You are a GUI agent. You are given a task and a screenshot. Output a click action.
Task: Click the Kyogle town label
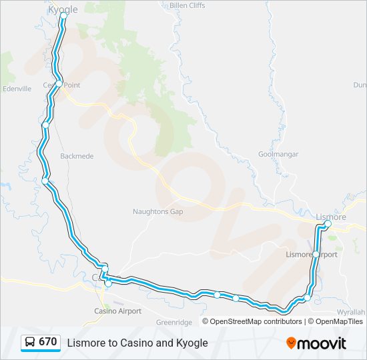pyautogui.click(x=63, y=9)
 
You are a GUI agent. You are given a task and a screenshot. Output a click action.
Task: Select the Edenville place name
pyautogui.click(x=17, y=88)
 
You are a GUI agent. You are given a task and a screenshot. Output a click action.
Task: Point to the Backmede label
pyautogui.click(x=77, y=156)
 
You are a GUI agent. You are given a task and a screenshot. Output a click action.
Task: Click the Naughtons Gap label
pyautogui.click(x=157, y=211)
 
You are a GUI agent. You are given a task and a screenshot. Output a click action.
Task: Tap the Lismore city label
pyautogui.click(x=331, y=217)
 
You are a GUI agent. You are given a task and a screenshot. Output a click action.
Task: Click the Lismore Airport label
pyautogui.click(x=311, y=255)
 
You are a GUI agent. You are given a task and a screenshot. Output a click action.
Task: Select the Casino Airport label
pyautogui.click(x=117, y=311)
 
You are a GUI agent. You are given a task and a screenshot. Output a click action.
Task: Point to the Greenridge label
pyautogui.click(x=174, y=322)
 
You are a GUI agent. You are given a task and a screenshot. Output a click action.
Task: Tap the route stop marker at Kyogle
pyautogui.click(x=63, y=16)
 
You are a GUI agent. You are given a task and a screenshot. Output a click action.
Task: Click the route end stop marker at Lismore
pyautogui.click(x=328, y=224)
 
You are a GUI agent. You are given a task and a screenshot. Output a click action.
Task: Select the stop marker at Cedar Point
pyautogui.click(x=59, y=84)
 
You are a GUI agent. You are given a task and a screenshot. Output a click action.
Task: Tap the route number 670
pyautogui.click(x=48, y=342)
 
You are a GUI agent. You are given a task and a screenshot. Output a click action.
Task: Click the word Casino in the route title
pyautogui.click(x=133, y=343)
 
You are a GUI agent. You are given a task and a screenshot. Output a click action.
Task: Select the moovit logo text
pyautogui.click(x=322, y=343)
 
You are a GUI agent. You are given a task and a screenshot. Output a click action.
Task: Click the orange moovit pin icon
pyautogui.click(x=291, y=343)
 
